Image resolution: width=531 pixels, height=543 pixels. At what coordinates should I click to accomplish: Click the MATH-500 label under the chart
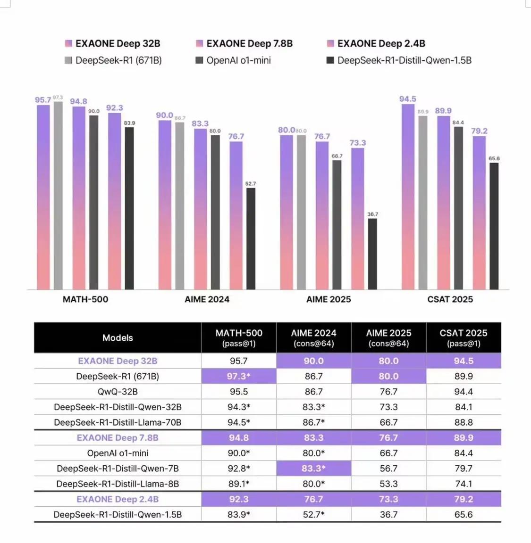85,299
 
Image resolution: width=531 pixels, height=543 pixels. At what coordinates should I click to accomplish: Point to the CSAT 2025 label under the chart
450,299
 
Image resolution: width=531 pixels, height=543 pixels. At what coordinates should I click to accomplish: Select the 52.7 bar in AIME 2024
251,239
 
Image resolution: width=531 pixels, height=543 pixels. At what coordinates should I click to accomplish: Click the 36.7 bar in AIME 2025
372,254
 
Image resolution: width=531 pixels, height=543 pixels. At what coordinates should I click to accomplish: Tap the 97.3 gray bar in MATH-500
58,195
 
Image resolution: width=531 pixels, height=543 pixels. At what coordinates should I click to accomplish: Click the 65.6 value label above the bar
494,158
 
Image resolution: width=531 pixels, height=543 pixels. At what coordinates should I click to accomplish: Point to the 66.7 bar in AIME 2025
337,225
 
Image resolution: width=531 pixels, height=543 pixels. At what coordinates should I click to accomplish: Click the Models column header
118,337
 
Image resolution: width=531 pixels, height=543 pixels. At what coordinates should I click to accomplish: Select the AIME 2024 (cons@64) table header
313,337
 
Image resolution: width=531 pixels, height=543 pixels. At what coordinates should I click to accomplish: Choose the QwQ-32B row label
118,392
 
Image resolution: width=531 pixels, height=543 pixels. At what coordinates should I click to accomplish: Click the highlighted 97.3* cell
239,376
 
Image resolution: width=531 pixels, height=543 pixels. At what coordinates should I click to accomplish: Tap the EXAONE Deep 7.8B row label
118,438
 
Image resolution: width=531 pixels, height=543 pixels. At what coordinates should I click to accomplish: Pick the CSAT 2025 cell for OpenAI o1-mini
464,453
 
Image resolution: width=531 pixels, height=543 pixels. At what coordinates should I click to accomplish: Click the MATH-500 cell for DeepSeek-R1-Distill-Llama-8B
239,484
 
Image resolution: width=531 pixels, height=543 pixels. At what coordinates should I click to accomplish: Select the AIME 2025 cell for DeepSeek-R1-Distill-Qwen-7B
388,469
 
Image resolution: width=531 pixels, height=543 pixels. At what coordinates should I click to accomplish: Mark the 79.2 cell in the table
464,499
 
